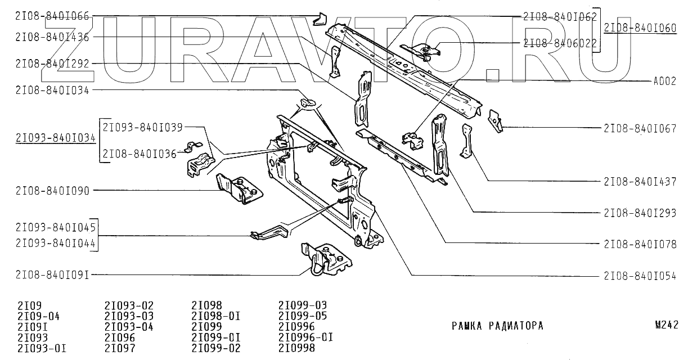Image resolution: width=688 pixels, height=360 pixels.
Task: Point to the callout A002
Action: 664,80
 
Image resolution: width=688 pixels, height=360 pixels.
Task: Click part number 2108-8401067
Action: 640,128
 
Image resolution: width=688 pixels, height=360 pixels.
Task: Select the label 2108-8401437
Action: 640,181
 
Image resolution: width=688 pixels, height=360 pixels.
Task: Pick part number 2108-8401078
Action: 640,244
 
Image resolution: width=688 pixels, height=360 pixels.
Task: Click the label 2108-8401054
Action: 640,276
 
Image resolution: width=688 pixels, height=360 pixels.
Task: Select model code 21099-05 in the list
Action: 303,316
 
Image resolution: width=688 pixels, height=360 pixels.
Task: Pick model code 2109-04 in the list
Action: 39,316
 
